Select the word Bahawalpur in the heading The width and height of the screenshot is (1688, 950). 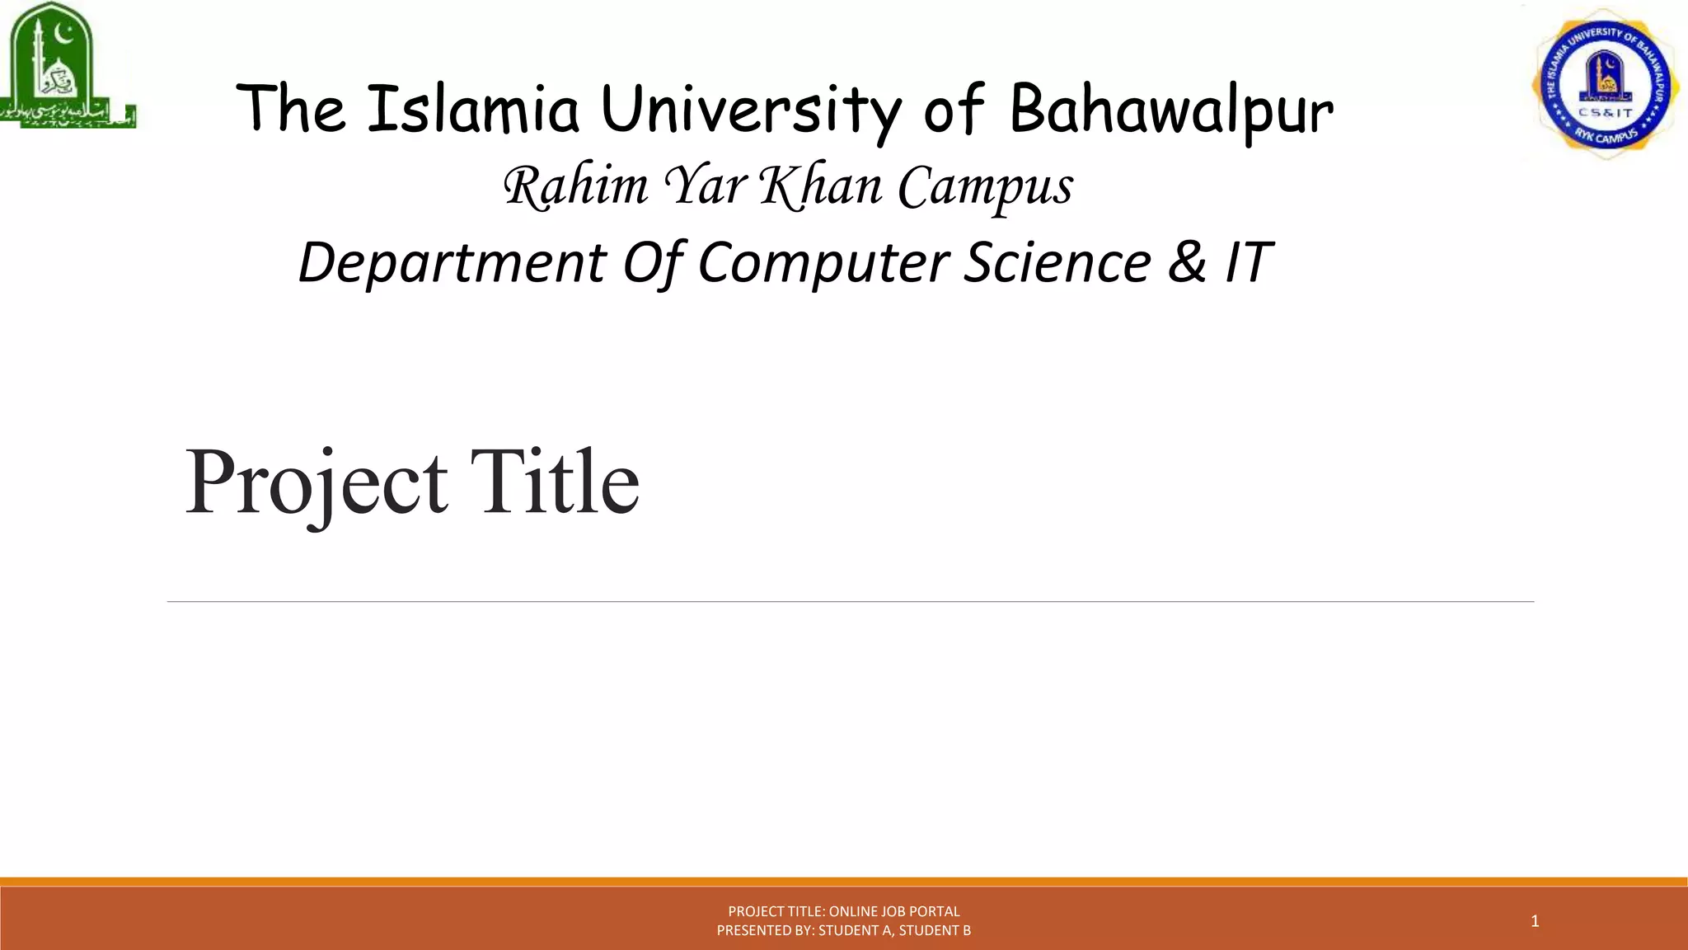click(x=1170, y=111)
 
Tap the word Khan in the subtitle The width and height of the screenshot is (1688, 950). click(x=820, y=186)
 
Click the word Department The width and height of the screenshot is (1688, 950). click(x=452, y=263)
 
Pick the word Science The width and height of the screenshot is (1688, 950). click(x=1057, y=261)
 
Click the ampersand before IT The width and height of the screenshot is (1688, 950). click(x=1186, y=261)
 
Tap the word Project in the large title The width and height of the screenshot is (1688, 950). click(x=316, y=483)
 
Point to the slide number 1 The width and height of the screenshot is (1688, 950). click(x=1535, y=921)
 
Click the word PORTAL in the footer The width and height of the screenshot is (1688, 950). click(x=935, y=911)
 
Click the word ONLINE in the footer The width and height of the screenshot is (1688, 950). click(x=853, y=911)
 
